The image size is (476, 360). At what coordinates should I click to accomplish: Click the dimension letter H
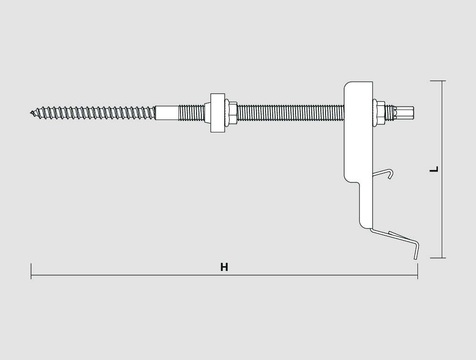tap(224, 267)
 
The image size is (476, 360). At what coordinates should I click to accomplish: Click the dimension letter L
tap(435, 169)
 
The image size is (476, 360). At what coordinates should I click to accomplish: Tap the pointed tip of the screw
tap(31, 113)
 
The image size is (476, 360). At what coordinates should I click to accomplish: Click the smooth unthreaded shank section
tap(167, 113)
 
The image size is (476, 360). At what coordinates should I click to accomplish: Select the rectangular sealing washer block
tap(218, 113)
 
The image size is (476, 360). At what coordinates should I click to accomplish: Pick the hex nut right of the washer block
tap(232, 113)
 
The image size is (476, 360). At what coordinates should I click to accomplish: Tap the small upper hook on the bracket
tap(383, 173)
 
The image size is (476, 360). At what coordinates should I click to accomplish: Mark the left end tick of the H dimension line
tap(31, 271)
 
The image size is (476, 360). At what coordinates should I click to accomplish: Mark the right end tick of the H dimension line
tap(418, 271)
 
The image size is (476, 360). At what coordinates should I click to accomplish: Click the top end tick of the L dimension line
tap(438, 81)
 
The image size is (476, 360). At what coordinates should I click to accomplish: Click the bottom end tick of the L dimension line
tap(438, 258)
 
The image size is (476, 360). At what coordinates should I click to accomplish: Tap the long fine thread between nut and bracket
tap(290, 113)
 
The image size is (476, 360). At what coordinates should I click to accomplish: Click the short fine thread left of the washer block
tap(191, 113)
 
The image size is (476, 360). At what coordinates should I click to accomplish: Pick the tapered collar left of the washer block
tap(208, 113)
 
